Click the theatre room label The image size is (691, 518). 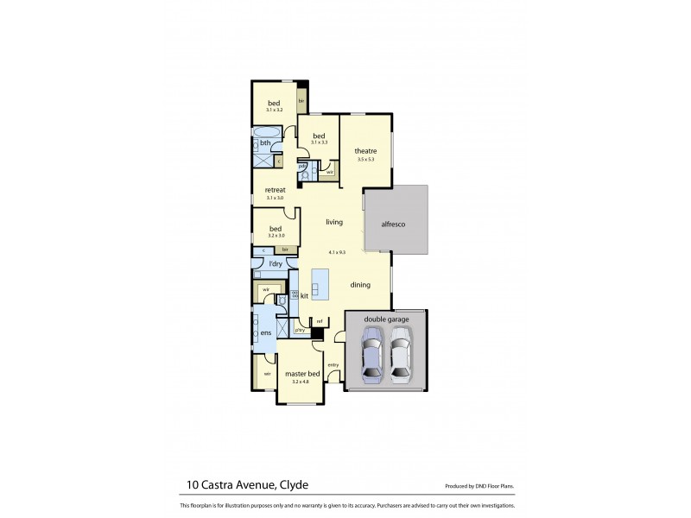click(x=365, y=151)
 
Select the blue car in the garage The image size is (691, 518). click(x=371, y=361)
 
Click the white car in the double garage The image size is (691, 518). click(x=399, y=361)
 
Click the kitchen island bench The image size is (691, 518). click(x=320, y=283)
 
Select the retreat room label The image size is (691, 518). click(x=275, y=190)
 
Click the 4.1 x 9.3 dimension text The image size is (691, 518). click(x=337, y=252)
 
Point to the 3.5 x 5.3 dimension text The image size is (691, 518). click(x=365, y=160)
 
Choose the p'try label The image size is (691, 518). click(x=301, y=329)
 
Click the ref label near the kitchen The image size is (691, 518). click(x=319, y=321)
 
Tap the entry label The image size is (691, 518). click(x=333, y=364)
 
